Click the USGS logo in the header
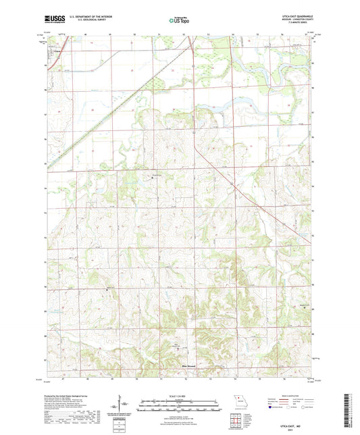click(55, 19)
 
